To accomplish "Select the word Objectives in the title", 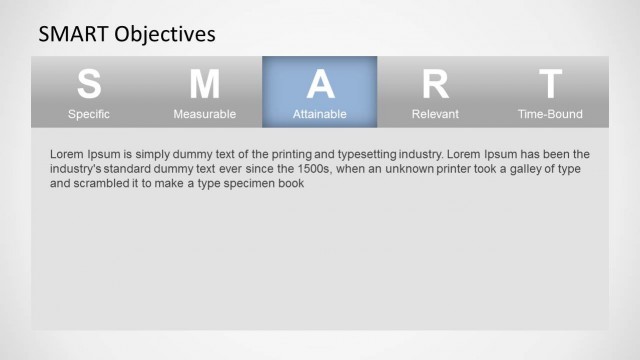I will (165, 35).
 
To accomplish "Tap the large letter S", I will (89, 84).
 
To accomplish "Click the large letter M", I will (204, 84).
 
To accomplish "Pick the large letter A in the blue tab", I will (320, 84).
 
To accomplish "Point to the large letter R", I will (435, 84).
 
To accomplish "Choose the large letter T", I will (550, 84).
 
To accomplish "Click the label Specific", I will (89, 114).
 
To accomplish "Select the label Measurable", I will (204, 114).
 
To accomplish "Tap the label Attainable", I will (320, 114).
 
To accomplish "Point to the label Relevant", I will (435, 114).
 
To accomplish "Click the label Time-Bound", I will (550, 114).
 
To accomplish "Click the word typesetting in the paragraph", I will (368, 155).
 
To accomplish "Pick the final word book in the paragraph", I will (289, 184).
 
